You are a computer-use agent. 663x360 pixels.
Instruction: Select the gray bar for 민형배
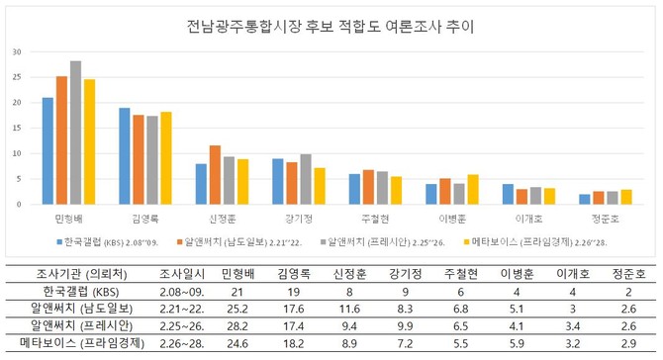75,133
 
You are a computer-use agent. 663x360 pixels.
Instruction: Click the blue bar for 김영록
125,156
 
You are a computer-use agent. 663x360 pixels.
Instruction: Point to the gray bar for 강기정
305,179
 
